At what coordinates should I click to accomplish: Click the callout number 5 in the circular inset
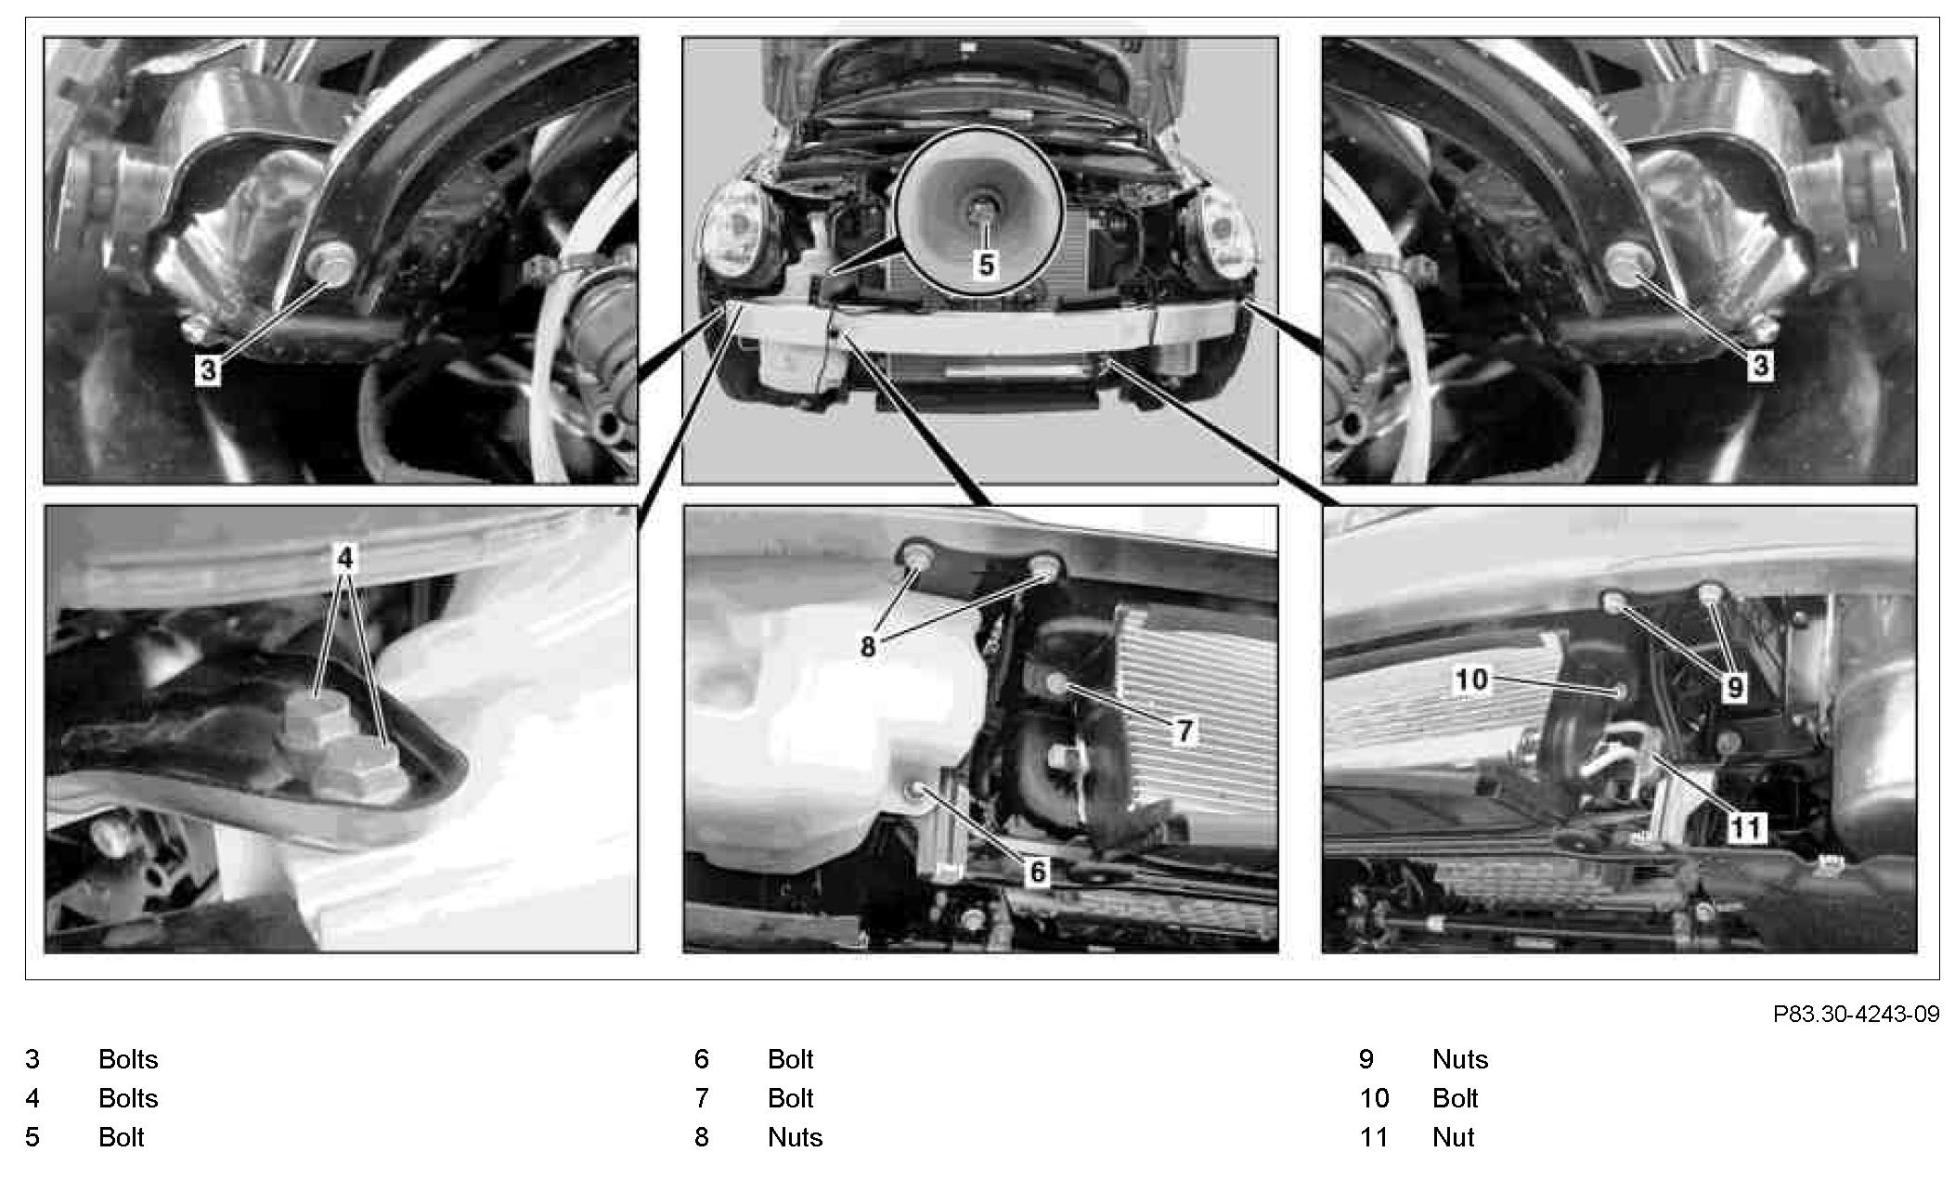pyautogui.click(x=986, y=265)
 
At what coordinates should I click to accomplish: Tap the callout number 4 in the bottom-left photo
pyautogui.click(x=344, y=557)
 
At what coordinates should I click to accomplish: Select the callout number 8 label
pyautogui.click(x=868, y=647)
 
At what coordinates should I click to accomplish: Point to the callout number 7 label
pyautogui.click(x=1184, y=731)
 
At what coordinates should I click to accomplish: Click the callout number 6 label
pyautogui.click(x=1037, y=871)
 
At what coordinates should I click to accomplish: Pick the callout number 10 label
pyautogui.click(x=1471, y=680)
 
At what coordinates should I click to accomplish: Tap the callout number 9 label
pyautogui.click(x=1734, y=688)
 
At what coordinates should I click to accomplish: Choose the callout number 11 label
pyautogui.click(x=1745, y=826)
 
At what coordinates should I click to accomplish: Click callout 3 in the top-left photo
pyautogui.click(x=208, y=370)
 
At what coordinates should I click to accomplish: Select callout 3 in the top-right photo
pyautogui.click(x=1760, y=365)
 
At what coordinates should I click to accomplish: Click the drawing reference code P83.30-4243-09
pyautogui.click(x=1856, y=1014)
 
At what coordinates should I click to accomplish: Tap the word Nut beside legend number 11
pyautogui.click(x=1453, y=1137)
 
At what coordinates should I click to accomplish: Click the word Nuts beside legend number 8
pyautogui.click(x=795, y=1137)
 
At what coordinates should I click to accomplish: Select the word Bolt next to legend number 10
pyautogui.click(x=1455, y=1098)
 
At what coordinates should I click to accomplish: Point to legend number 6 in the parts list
pyautogui.click(x=702, y=1059)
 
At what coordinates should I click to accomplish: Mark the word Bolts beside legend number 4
pyautogui.click(x=128, y=1098)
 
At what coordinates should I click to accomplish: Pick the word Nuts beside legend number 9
pyautogui.click(x=1460, y=1059)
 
